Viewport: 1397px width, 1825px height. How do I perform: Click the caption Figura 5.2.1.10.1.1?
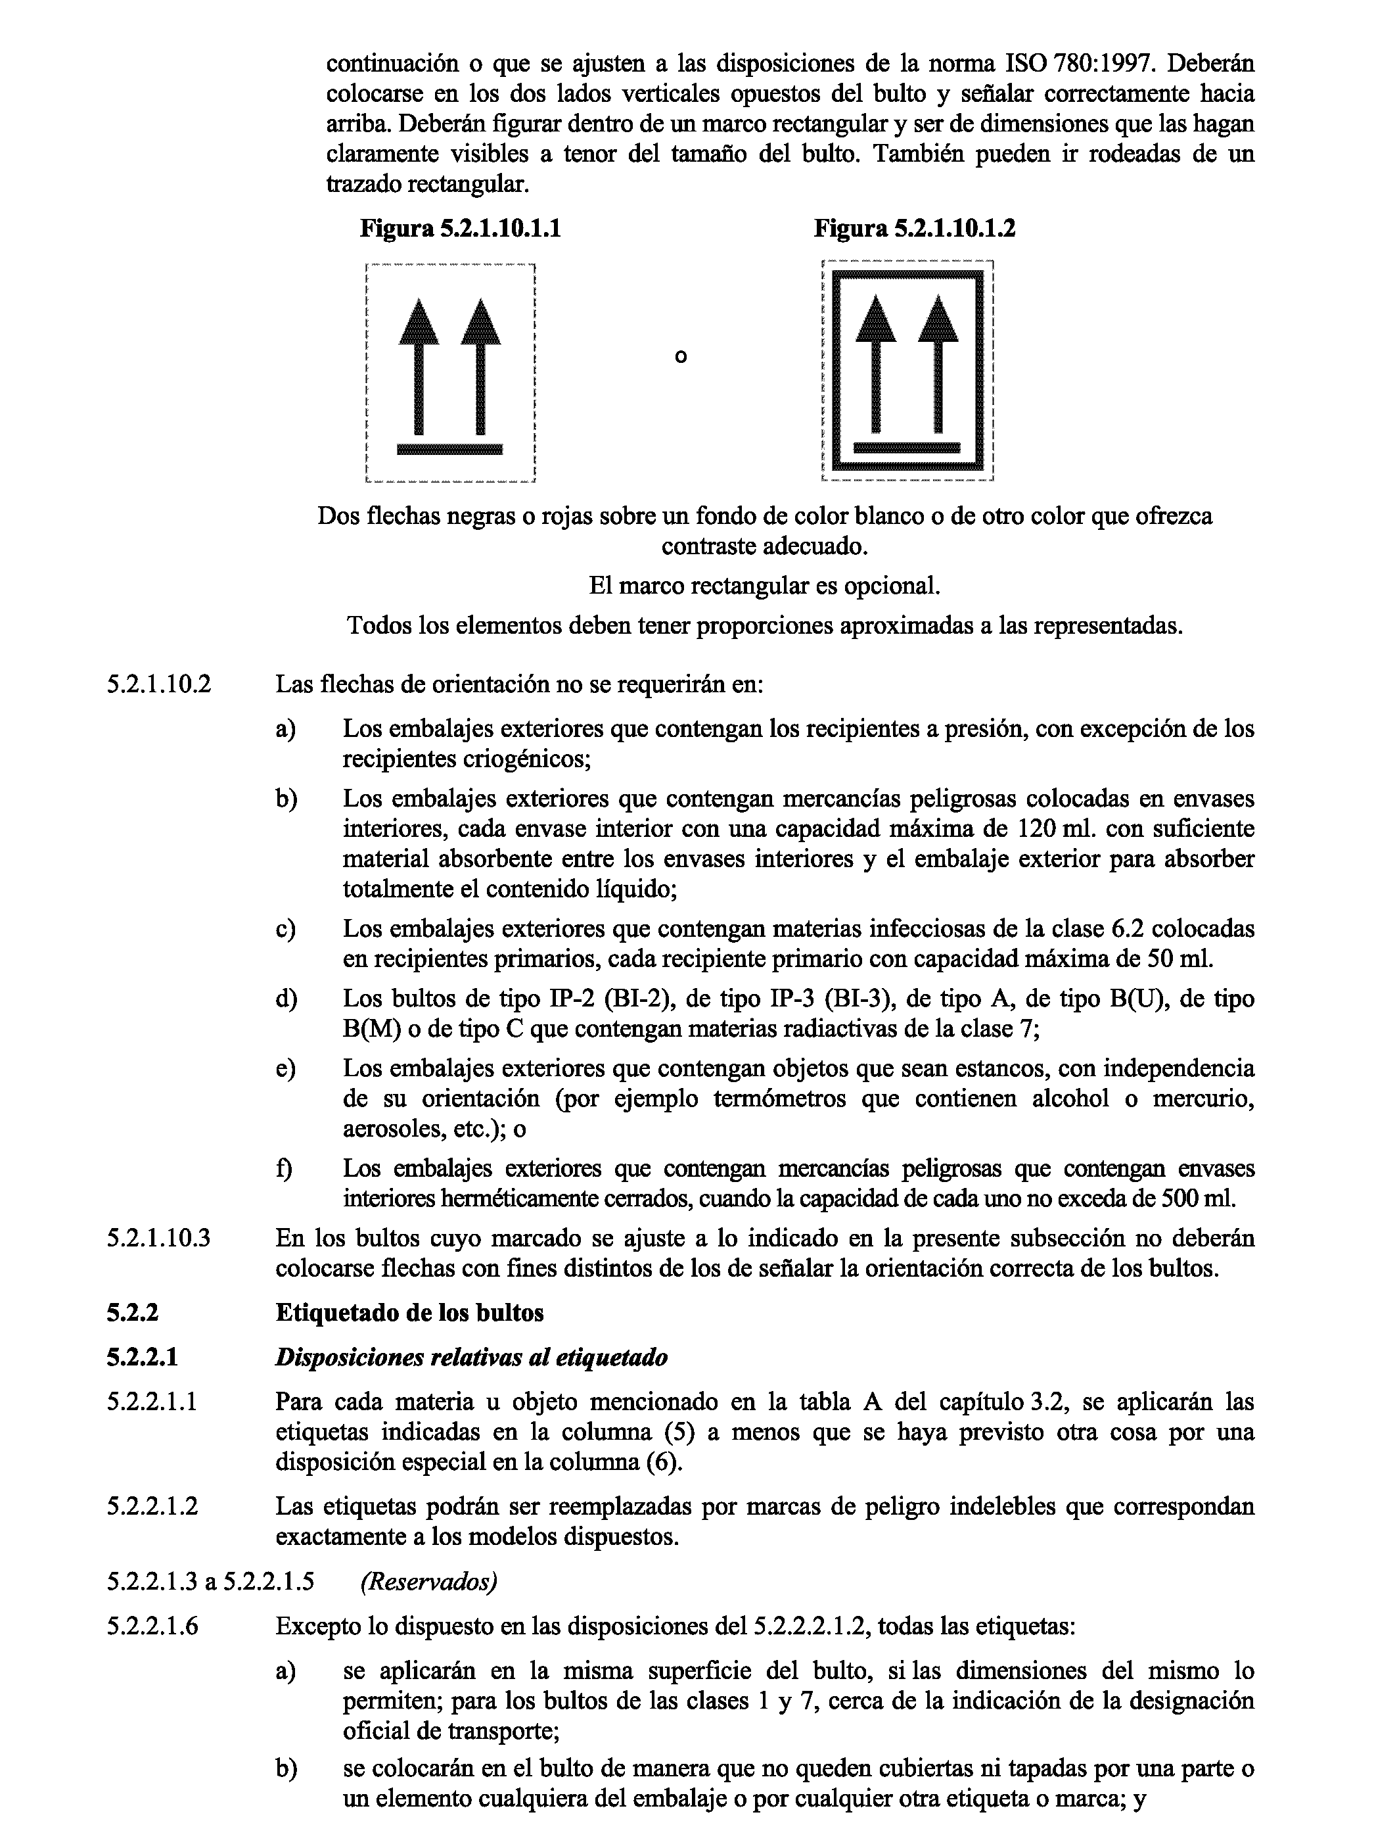tap(460, 229)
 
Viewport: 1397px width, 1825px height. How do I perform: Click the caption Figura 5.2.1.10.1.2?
tap(914, 229)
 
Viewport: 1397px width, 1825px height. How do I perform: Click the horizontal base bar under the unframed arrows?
tap(450, 450)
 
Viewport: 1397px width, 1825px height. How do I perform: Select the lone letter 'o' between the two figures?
tap(681, 357)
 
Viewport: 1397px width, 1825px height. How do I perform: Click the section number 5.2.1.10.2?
tap(159, 684)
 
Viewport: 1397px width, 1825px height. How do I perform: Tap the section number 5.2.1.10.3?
tap(159, 1238)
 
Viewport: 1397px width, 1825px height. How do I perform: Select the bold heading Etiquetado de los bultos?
tap(409, 1313)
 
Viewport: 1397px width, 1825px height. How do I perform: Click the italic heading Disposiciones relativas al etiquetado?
tap(470, 1358)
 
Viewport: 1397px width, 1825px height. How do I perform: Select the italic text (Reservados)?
tap(428, 1581)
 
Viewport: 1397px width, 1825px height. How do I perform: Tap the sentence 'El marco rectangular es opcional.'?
tap(764, 586)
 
